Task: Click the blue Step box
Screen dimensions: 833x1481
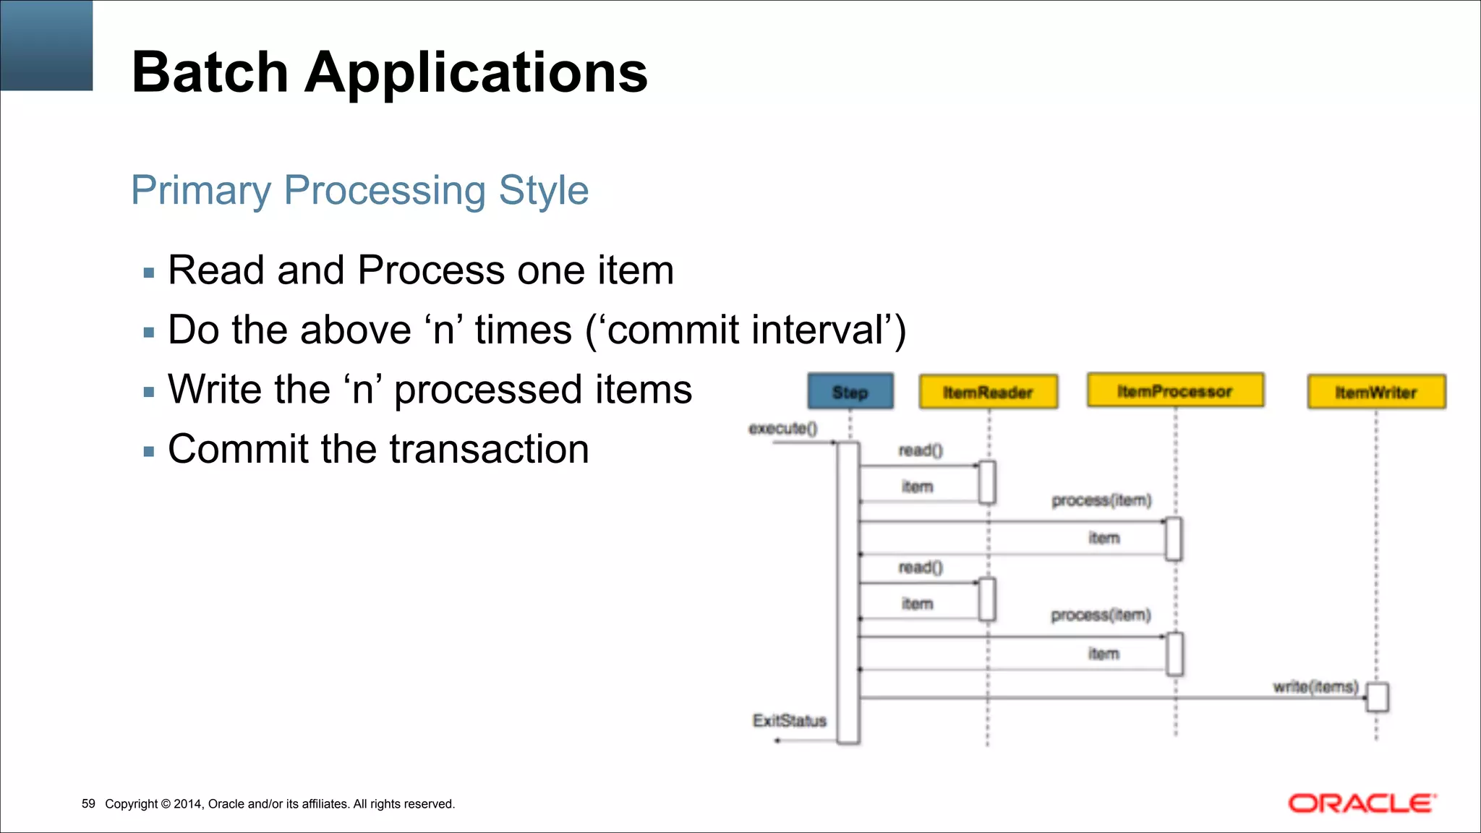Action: click(x=850, y=392)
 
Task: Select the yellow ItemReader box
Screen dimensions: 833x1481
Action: click(x=988, y=392)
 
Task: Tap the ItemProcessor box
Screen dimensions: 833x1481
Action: click(x=1175, y=391)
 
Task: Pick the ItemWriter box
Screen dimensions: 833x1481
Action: click(x=1376, y=392)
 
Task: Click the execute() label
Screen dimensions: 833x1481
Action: click(x=783, y=429)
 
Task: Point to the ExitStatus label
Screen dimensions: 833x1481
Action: click(x=789, y=721)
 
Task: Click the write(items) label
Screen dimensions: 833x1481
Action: click(x=1315, y=686)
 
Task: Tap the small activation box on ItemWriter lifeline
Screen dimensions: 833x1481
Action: click(x=1378, y=698)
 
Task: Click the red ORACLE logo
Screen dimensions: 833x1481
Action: click(x=1362, y=803)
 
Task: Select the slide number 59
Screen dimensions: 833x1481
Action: click(x=88, y=804)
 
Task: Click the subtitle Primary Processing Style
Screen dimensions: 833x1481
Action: click(x=359, y=190)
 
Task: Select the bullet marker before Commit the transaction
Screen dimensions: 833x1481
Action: click(x=149, y=452)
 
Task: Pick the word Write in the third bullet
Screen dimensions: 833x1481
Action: click(x=213, y=389)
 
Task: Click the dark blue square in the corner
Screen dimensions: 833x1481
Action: click(x=46, y=45)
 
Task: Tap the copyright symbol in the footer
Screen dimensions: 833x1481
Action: click(x=166, y=804)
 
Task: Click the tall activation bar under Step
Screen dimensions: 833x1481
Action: click(x=848, y=593)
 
